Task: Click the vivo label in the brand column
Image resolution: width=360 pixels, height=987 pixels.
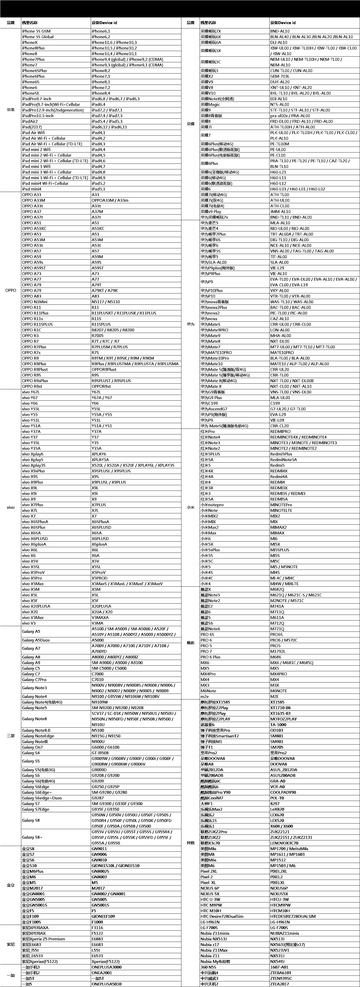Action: point(11,508)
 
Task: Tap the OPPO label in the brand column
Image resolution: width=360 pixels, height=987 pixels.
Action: point(11,290)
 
